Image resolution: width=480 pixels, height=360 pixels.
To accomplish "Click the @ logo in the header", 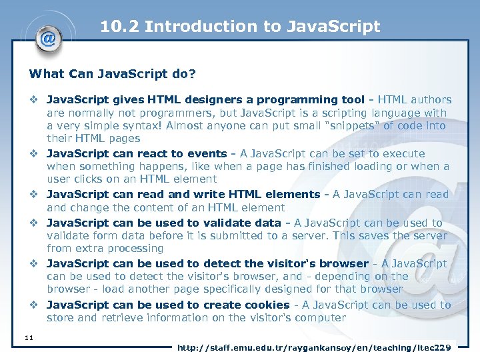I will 48,38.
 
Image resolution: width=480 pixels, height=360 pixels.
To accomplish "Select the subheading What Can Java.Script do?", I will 112,73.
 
